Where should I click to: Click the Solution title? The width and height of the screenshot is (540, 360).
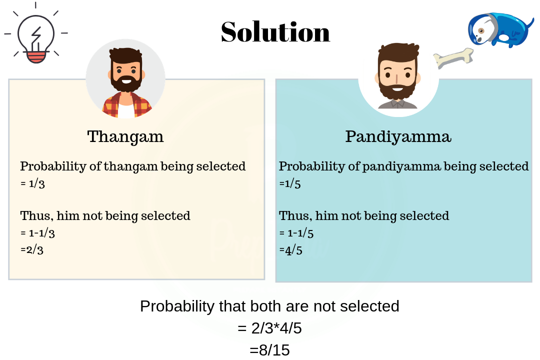275,32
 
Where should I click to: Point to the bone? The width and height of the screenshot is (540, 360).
453,58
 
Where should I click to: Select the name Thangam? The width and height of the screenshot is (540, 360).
125,137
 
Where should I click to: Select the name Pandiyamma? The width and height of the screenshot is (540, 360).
398,137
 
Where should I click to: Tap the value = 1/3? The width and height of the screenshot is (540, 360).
32,183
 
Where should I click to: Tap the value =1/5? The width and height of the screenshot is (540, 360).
290,183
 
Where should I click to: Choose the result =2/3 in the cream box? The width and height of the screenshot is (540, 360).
32,249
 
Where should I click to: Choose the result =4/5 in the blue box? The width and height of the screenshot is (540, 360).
290,250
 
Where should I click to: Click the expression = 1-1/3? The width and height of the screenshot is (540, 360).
37,233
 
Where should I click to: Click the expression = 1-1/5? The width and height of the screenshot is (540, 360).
296,233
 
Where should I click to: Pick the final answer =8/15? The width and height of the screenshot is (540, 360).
269,350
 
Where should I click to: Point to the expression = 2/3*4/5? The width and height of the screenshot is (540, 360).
269,328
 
